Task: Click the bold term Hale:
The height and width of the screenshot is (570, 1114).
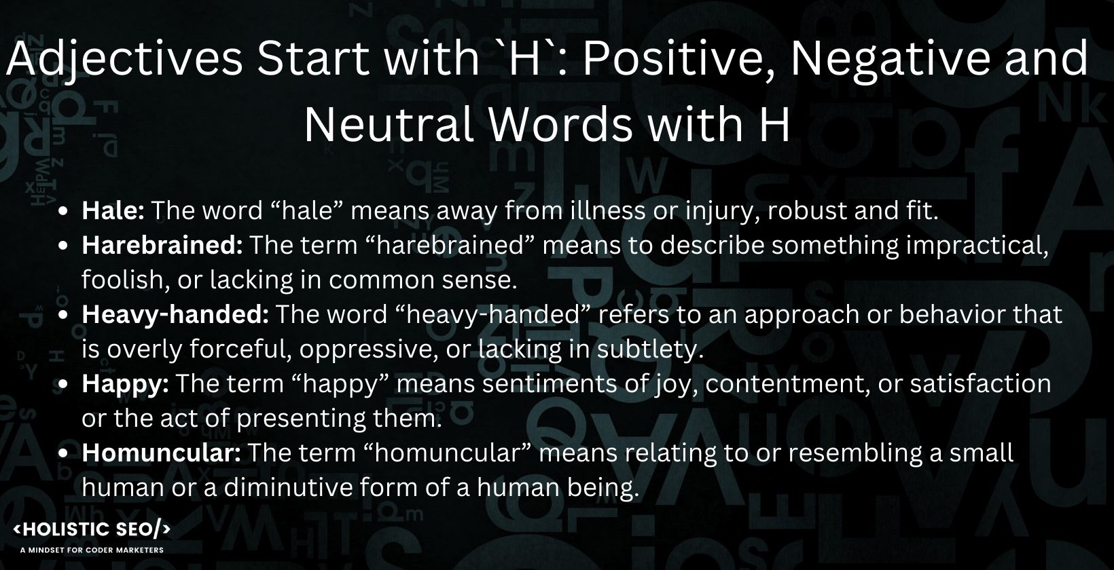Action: [113, 211]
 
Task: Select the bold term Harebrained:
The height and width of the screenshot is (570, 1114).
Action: [162, 246]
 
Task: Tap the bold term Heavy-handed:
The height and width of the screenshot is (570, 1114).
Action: [176, 315]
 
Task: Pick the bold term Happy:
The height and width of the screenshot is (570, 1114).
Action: [125, 384]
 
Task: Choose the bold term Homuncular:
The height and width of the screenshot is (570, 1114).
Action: [161, 453]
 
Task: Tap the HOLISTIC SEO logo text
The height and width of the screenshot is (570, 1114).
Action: [92, 529]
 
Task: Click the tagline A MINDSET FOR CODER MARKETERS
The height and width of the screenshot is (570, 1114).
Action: [92, 550]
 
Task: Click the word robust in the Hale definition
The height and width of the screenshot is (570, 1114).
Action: [806, 211]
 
